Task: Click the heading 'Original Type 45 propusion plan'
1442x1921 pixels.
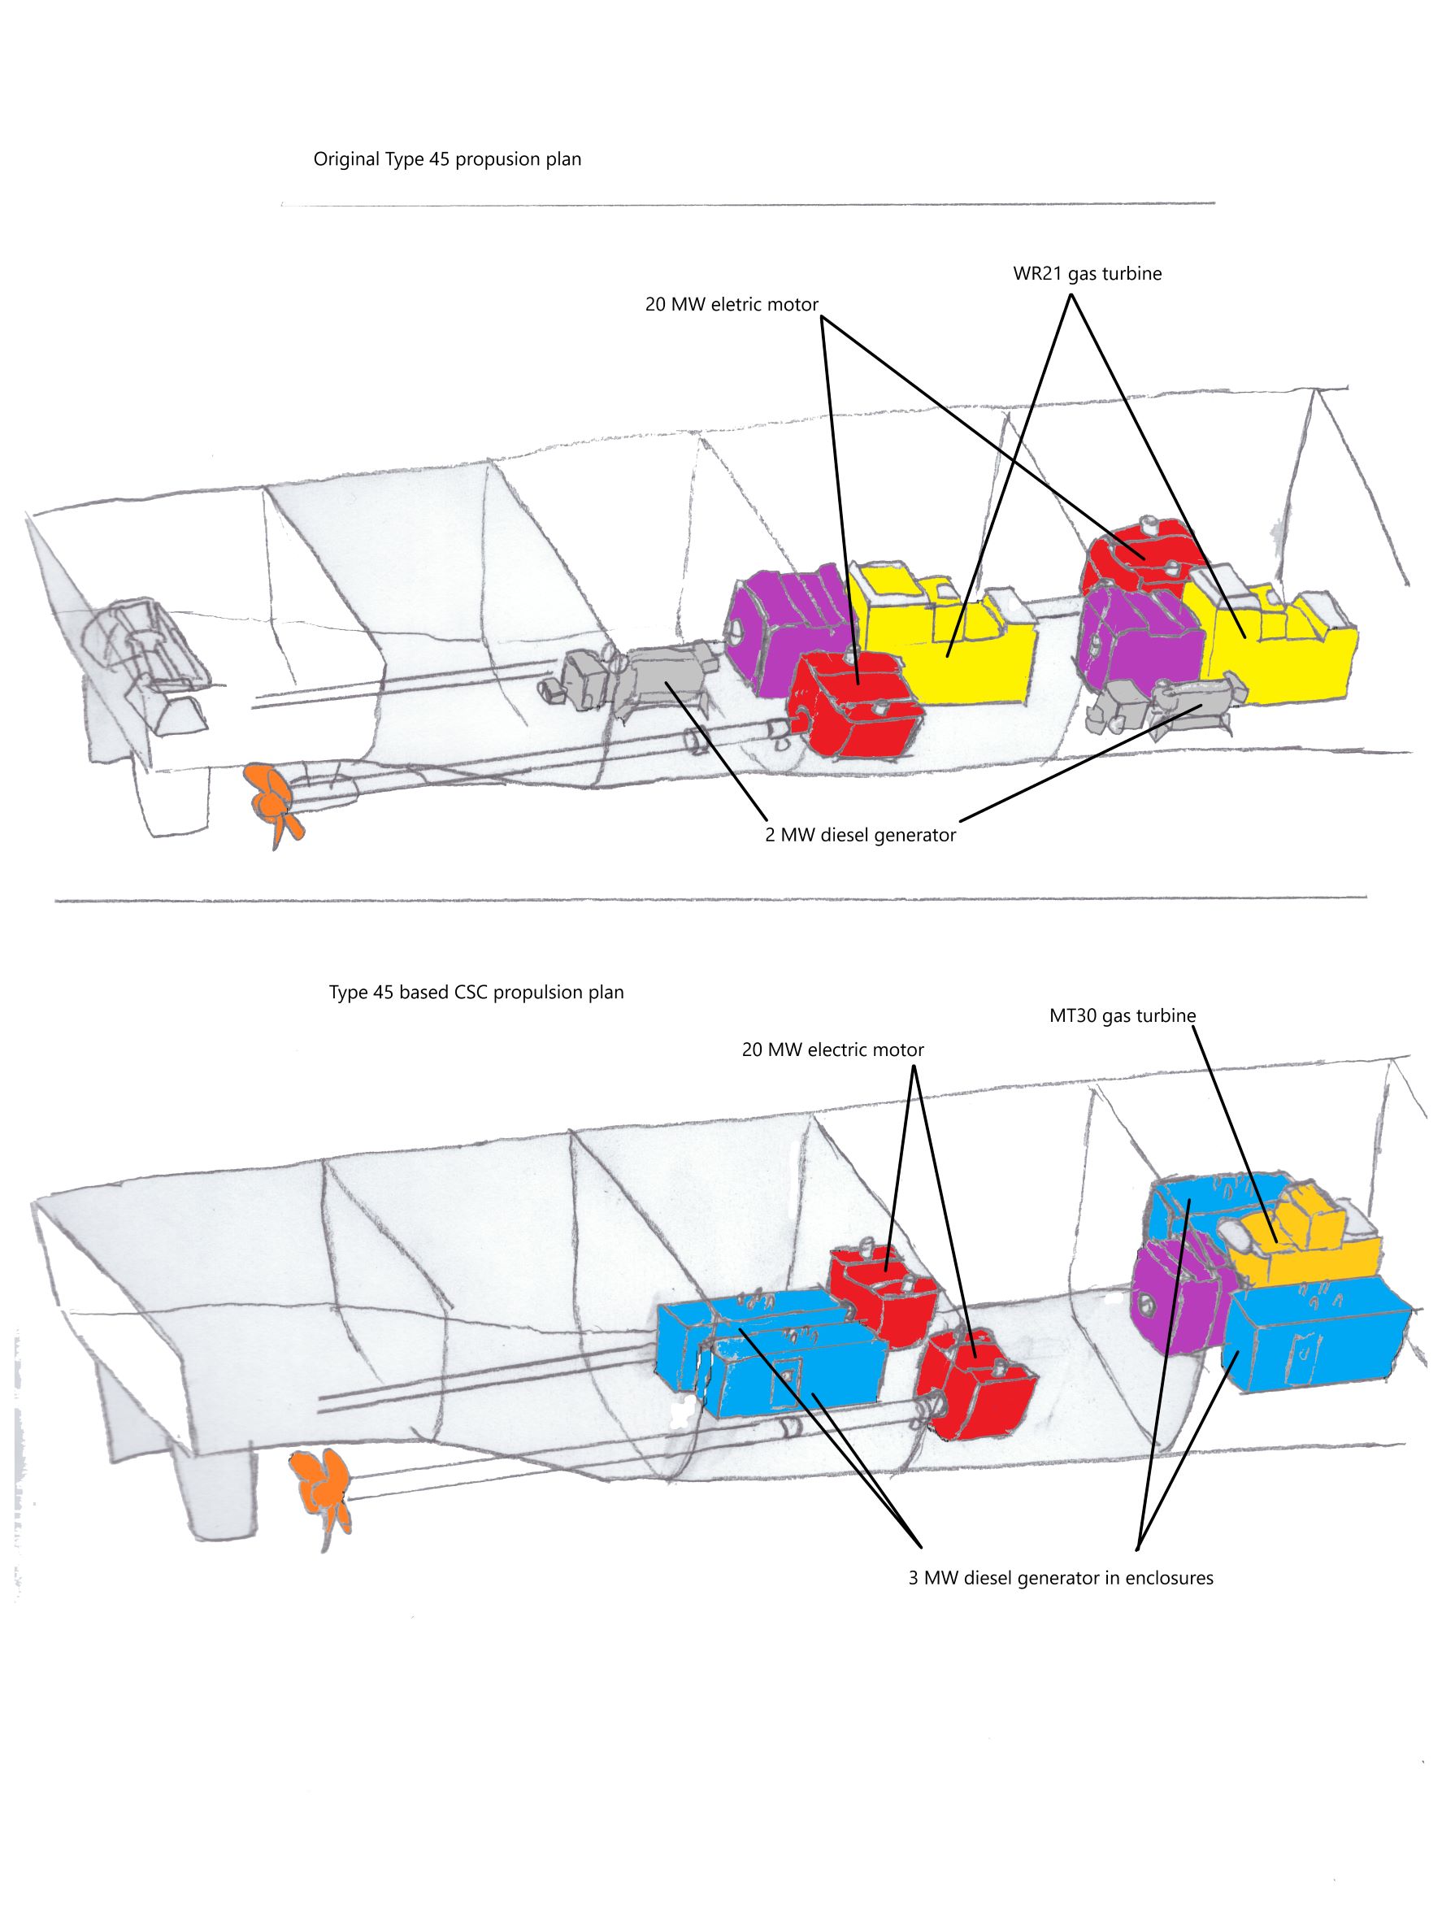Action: click(x=447, y=159)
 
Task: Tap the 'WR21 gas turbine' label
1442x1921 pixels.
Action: click(x=1086, y=274)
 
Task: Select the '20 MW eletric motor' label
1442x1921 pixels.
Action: click(x=731, y=305)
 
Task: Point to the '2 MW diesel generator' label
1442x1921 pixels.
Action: click(x=859, y=835)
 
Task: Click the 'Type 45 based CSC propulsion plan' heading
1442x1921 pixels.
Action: click(x=476, y=992)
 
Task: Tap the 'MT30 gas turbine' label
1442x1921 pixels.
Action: click(x=1122, y=1015)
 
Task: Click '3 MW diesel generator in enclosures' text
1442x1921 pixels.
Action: click(x=1060, y=1577)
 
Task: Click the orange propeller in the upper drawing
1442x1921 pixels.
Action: click(x=272, y=801)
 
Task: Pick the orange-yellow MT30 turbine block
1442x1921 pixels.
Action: click(x=1302, y=1244)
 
